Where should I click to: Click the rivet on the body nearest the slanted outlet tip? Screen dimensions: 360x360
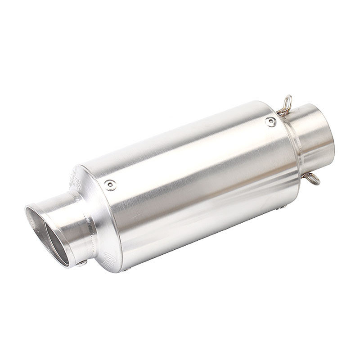[x=110, y=184]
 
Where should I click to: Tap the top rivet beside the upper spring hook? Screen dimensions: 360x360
[x=270, y=121]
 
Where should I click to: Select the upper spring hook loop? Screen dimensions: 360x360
[x=286, y=105]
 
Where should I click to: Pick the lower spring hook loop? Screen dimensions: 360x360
[x=312, y=179]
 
